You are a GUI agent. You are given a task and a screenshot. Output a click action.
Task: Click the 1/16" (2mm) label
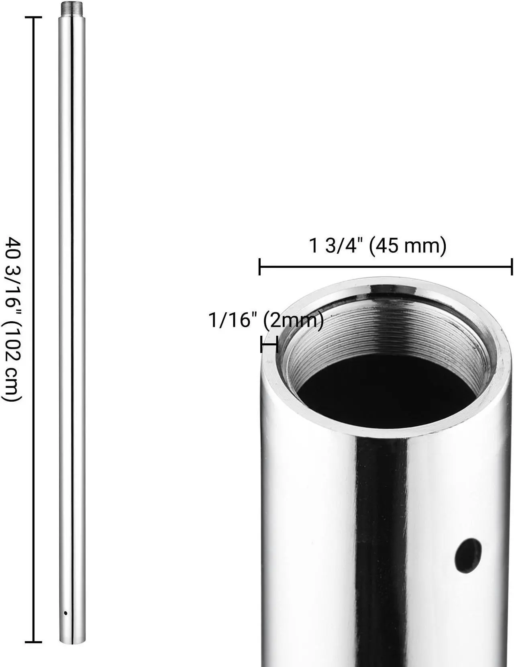266,320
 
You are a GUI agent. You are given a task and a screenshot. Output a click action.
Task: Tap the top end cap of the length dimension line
33,18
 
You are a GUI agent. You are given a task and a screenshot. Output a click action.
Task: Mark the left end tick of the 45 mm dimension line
260,267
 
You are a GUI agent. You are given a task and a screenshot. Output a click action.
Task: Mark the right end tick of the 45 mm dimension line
511,267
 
